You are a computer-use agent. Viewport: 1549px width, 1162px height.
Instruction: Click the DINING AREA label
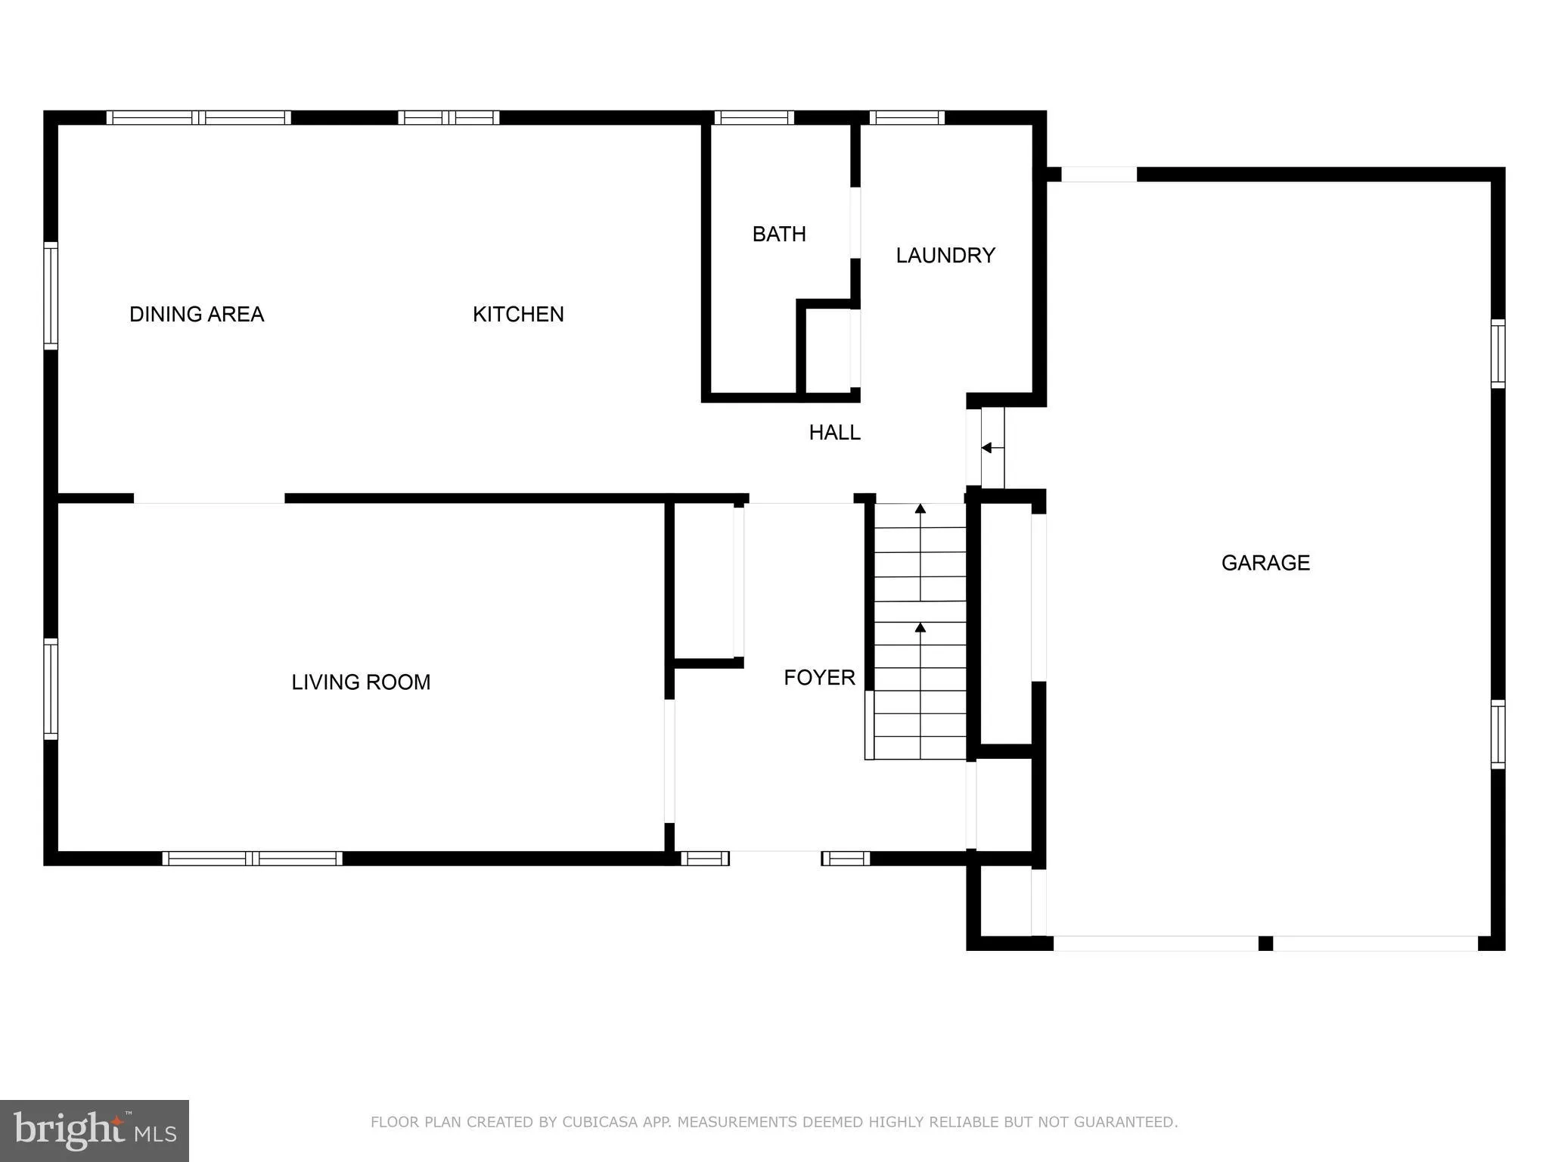[197, 314]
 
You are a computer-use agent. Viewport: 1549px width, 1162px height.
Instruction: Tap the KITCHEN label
[518, 314]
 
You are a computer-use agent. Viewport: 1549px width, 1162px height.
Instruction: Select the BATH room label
[779, 234]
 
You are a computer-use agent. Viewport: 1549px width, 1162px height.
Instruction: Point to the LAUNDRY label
[945, 255]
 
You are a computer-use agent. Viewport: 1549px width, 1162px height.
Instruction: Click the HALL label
[834, 432]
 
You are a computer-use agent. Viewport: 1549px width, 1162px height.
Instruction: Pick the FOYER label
[819, 677]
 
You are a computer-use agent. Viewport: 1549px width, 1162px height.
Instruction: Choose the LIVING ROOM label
[361, 682]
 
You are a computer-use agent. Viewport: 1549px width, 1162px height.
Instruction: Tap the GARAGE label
[1265, 562]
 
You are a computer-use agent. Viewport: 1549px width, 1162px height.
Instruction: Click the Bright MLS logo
[95, 1130]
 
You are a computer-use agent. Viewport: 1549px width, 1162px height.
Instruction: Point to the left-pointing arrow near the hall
[988, 448]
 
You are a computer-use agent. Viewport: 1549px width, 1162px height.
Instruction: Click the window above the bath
[753, 117]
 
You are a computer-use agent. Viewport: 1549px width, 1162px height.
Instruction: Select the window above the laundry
[907, 117]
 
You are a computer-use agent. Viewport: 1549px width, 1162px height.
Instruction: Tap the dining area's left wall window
[51, 295]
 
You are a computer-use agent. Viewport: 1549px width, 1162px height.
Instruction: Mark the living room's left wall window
[51, 688]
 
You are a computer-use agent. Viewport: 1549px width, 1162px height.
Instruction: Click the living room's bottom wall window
[252, 858]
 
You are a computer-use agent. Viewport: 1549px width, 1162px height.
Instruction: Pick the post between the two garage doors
[1265, 943]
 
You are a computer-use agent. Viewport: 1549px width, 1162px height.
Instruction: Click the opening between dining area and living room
[210, 498]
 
